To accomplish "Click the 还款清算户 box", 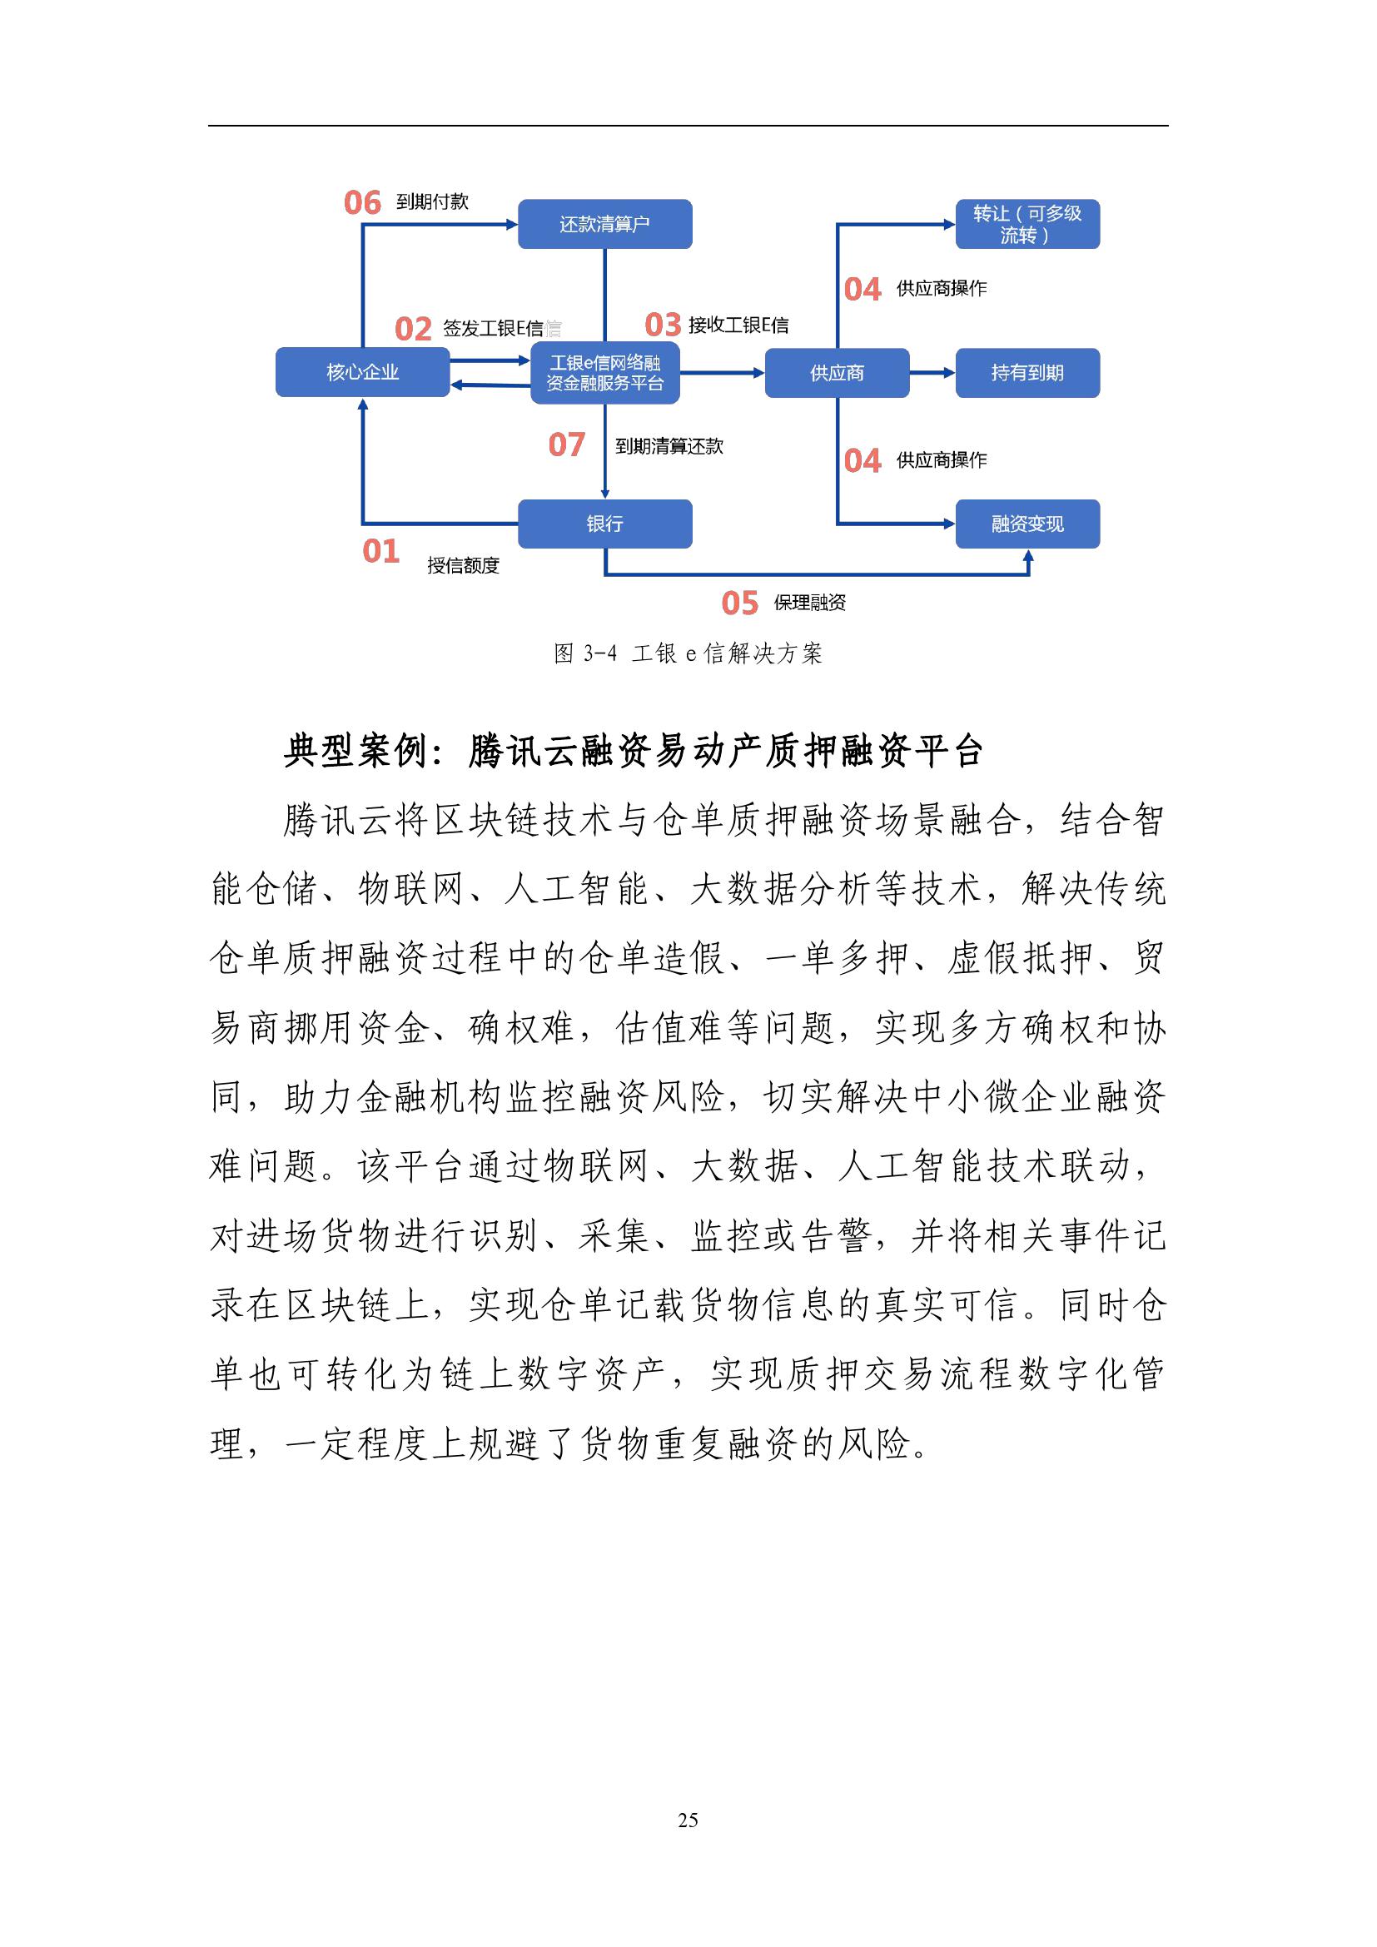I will [x=604, y=224].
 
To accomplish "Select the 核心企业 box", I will [x=362, y=372].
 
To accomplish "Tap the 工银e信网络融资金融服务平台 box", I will [x=604, y=373].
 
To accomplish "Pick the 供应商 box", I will [x=836, y=373].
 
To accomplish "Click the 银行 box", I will [x=604, y=524].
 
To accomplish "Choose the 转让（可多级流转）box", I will [x=1027, y=224].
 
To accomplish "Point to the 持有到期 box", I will [x=1027, y=373].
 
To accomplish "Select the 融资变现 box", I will [x=1027, y=524].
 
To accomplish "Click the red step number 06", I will [x=362, y=202].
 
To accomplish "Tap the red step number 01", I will [x=380, y=552].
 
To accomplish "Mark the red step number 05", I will [x=739, y=603].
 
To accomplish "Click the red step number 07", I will [x=566, y=445].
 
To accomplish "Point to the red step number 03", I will [x=663, y=325].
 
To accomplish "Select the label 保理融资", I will [x=810, y=603].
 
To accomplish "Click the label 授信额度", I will [x=463, y=565].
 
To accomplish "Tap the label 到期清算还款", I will [x=669, y=447].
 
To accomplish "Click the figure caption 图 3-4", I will [x=585, y=653].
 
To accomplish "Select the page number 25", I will [x=688, y=1820].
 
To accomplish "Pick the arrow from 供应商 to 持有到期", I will [x=932, y=372].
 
